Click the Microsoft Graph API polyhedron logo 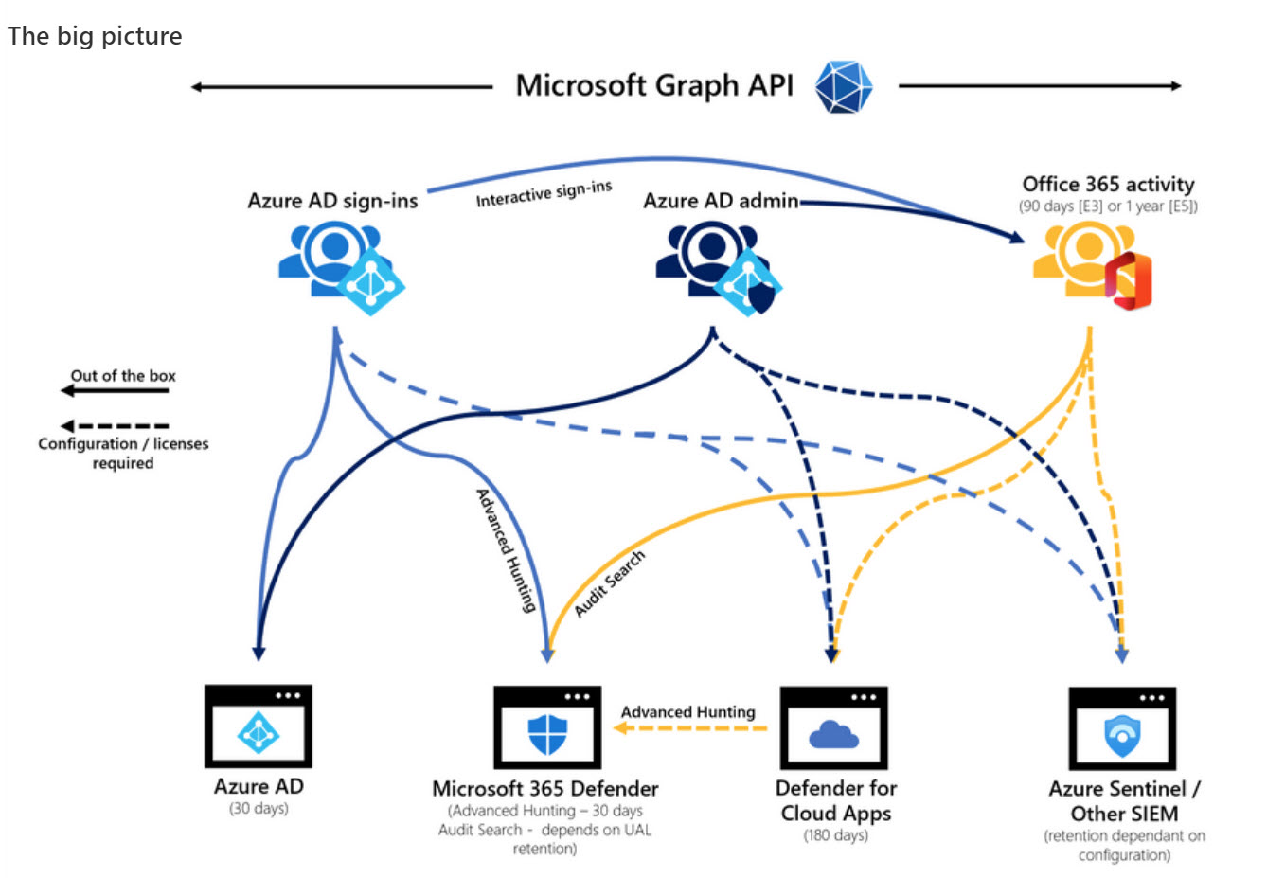(x=843, y=87)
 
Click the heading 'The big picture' (x=95, y=36)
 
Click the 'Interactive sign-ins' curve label (x=544, y=194)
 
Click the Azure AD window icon (x=259, y=726)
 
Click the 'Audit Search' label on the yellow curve (x=610, y=583)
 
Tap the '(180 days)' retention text (x=835, y=835)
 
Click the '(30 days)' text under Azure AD (x=259, y=809)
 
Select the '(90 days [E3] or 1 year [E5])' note (x=1108, y=206)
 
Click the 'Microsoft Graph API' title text (x=654, y=86)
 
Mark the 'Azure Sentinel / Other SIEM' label (x=1124, y=801)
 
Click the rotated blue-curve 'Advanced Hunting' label (x=506, y=549)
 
